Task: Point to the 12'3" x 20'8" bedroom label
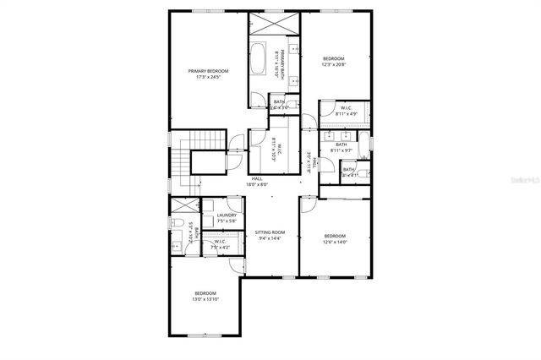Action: pos(334,61)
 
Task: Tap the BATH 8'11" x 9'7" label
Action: pos(342,146)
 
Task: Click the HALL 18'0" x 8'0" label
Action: pos(257,181)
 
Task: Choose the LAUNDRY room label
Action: pos(226,215)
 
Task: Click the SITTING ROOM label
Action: pos(270,232)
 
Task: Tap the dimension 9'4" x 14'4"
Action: pos(270,238)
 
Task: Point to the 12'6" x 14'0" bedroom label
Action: pos(335,238)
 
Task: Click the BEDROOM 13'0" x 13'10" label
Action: pos(205,296)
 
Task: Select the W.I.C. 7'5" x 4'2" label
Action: pos(221,244)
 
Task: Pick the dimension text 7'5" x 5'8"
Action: pos(226,222)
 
